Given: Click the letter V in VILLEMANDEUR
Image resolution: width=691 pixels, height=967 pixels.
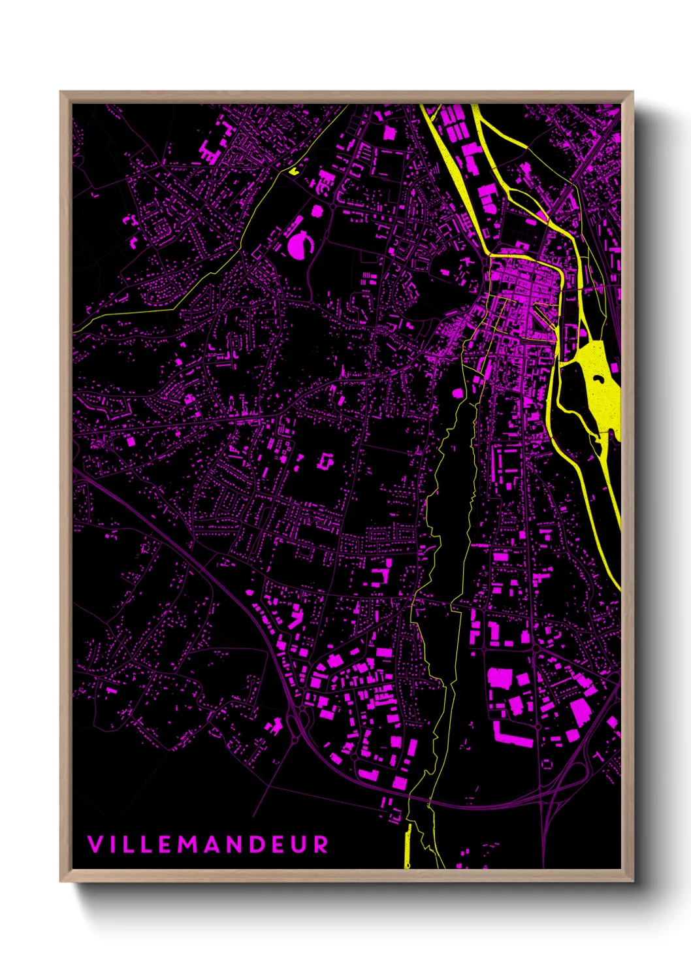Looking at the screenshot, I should pyautogui.click(x=95, y=844).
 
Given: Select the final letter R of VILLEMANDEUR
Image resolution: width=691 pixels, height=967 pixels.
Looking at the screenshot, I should pyautogui.click(x=321, y=844).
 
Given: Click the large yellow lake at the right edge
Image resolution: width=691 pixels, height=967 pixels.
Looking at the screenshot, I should pyautogui.click(x=596, y=379).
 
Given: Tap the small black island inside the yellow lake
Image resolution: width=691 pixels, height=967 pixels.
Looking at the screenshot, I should pyautogui.click(x=598, y=448).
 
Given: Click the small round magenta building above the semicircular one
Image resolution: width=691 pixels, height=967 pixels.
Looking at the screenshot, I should pyautogui.click(x=317, y=211).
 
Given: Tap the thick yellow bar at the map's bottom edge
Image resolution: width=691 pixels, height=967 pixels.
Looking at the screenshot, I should pyautogui.click(x=408, y=846).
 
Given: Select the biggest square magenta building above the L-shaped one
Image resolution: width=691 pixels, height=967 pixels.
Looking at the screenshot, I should pyautogui.click(x=500, y=678).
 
